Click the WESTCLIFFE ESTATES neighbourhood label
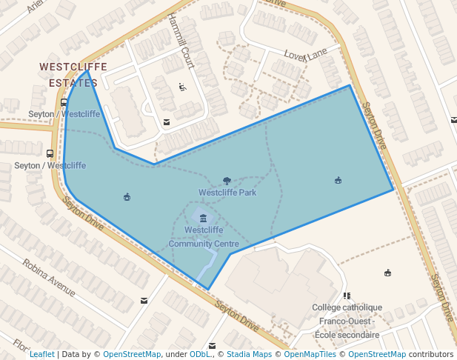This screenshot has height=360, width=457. point(73,75)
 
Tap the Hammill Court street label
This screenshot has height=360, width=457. point(181,41)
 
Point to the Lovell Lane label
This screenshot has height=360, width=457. point(306,54)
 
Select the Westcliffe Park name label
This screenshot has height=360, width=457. point(227,193)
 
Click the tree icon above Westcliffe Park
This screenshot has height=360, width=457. point(227,181)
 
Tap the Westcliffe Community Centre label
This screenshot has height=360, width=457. point(204,236)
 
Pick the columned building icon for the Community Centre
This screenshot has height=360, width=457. point(203,218)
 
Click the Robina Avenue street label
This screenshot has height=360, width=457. point(50,276)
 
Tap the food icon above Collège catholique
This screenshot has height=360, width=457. point(347,296)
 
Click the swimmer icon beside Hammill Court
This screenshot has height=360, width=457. point(182,87)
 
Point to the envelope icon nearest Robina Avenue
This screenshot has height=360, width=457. point(143,301)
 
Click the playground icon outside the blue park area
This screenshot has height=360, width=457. point(387,273)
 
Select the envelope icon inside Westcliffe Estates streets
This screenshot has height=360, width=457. point(167,122)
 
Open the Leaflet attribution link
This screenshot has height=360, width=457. point(42,354)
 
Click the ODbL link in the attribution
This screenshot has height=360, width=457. point(199,354)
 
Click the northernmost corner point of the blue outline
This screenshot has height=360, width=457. point(87,71)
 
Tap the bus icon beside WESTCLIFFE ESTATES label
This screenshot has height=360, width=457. point(64,103)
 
